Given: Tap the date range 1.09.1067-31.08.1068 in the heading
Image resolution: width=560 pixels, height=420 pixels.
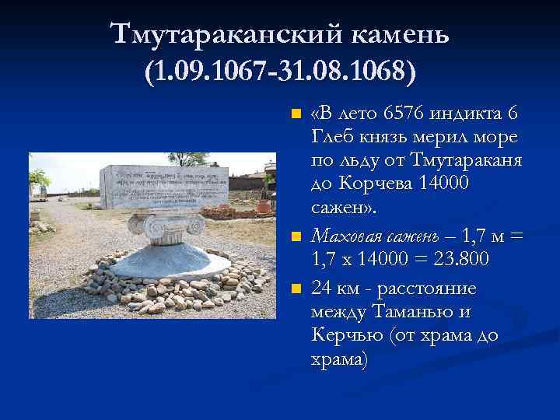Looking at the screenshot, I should [280, 72].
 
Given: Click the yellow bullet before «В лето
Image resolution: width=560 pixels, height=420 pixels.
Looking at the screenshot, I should [295, 115].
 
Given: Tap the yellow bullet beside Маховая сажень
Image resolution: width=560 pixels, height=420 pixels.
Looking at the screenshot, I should [295, 236].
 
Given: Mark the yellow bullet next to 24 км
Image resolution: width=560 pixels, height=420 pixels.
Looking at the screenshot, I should [295, 289].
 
